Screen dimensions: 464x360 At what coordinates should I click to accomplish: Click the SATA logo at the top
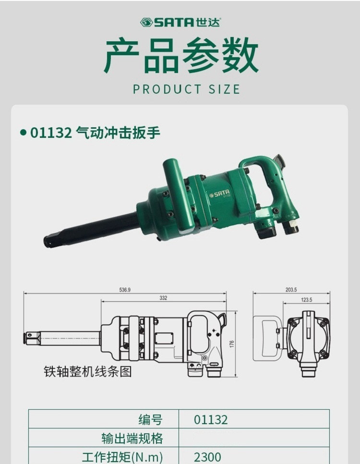[180, 22]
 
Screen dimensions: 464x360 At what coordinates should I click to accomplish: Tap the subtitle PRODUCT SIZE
[186, 89]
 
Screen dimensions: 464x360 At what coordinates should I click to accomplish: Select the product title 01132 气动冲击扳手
[95, 133]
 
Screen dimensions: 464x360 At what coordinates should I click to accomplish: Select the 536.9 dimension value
[125, 290]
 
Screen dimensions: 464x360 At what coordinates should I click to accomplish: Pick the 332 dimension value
[163, 298]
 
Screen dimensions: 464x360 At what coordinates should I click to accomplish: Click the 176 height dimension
[231, 344]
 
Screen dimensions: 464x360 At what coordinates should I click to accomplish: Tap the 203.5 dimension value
[291, 290]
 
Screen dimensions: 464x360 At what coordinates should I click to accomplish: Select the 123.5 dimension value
[306, 300]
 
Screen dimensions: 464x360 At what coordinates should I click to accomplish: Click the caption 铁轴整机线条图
[87, 371]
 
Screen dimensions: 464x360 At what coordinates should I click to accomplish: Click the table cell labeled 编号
[151, 420]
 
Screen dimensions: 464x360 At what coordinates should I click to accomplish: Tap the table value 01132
[211, 420]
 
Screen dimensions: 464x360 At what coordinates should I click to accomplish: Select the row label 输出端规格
[132, 438]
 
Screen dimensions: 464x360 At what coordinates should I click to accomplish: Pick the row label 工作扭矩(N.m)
[123, 456]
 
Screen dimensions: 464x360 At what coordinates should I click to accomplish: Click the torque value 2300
[207, 456]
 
